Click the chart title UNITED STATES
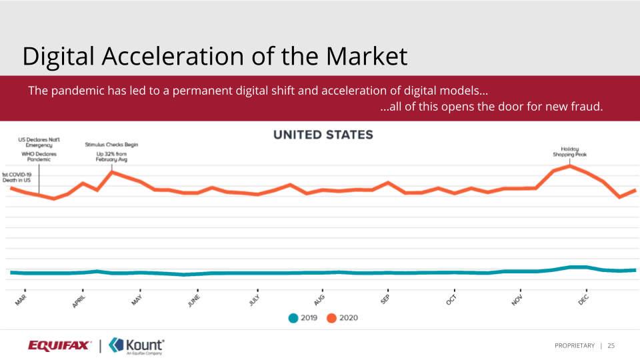coord(323,135)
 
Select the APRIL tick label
coord(79,301)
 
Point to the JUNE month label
coord(193,301)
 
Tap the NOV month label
coord(517,299)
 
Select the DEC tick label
coord(583,299)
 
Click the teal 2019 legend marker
coord(293,318)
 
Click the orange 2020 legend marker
coord(331,318)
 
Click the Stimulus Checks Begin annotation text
coord(111,145)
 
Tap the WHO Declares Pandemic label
coord(39,157)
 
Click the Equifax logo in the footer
coord(60,345)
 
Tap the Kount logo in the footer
coord(137,345)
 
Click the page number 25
coord(611,345)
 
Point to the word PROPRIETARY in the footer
coord(574,345)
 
